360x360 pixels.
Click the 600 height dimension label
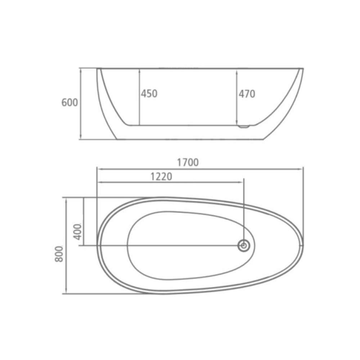[69, 102]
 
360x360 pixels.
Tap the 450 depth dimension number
[149, 94]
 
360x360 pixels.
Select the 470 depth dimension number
[247, 94]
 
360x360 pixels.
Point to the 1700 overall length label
[188, 163]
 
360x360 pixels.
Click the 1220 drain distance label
[161, 176]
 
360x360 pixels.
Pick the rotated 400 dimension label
[78, 231]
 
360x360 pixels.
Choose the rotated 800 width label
[59, 254]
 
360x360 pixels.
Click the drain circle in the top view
[244, 246]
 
